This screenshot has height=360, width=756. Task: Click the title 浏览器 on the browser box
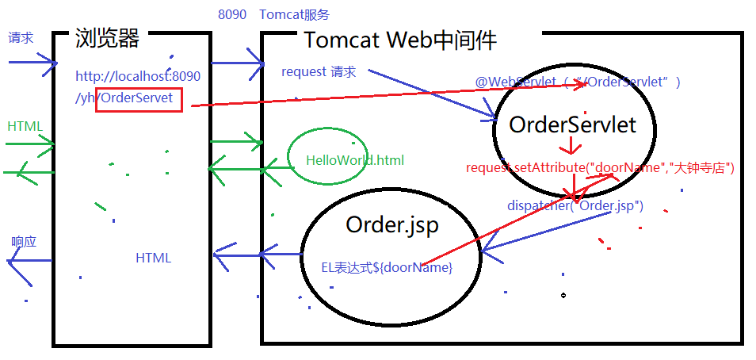107,37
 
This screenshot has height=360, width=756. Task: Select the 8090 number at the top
231,14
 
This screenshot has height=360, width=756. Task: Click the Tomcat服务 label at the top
294,14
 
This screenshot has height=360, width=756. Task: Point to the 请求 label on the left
21,38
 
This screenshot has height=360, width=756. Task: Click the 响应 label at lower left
24,241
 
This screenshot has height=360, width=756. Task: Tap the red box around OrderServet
139,99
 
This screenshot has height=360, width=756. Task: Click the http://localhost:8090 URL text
138,77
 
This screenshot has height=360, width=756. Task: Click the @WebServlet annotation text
577,82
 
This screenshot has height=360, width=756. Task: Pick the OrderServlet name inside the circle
572,125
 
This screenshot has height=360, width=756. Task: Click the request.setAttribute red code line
600,168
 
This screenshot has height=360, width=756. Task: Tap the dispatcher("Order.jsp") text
575,205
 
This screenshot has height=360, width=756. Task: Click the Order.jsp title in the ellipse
392,225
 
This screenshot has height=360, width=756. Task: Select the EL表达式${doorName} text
386,268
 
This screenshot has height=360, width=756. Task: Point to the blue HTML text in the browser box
153,258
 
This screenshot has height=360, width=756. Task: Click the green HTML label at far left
25,126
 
